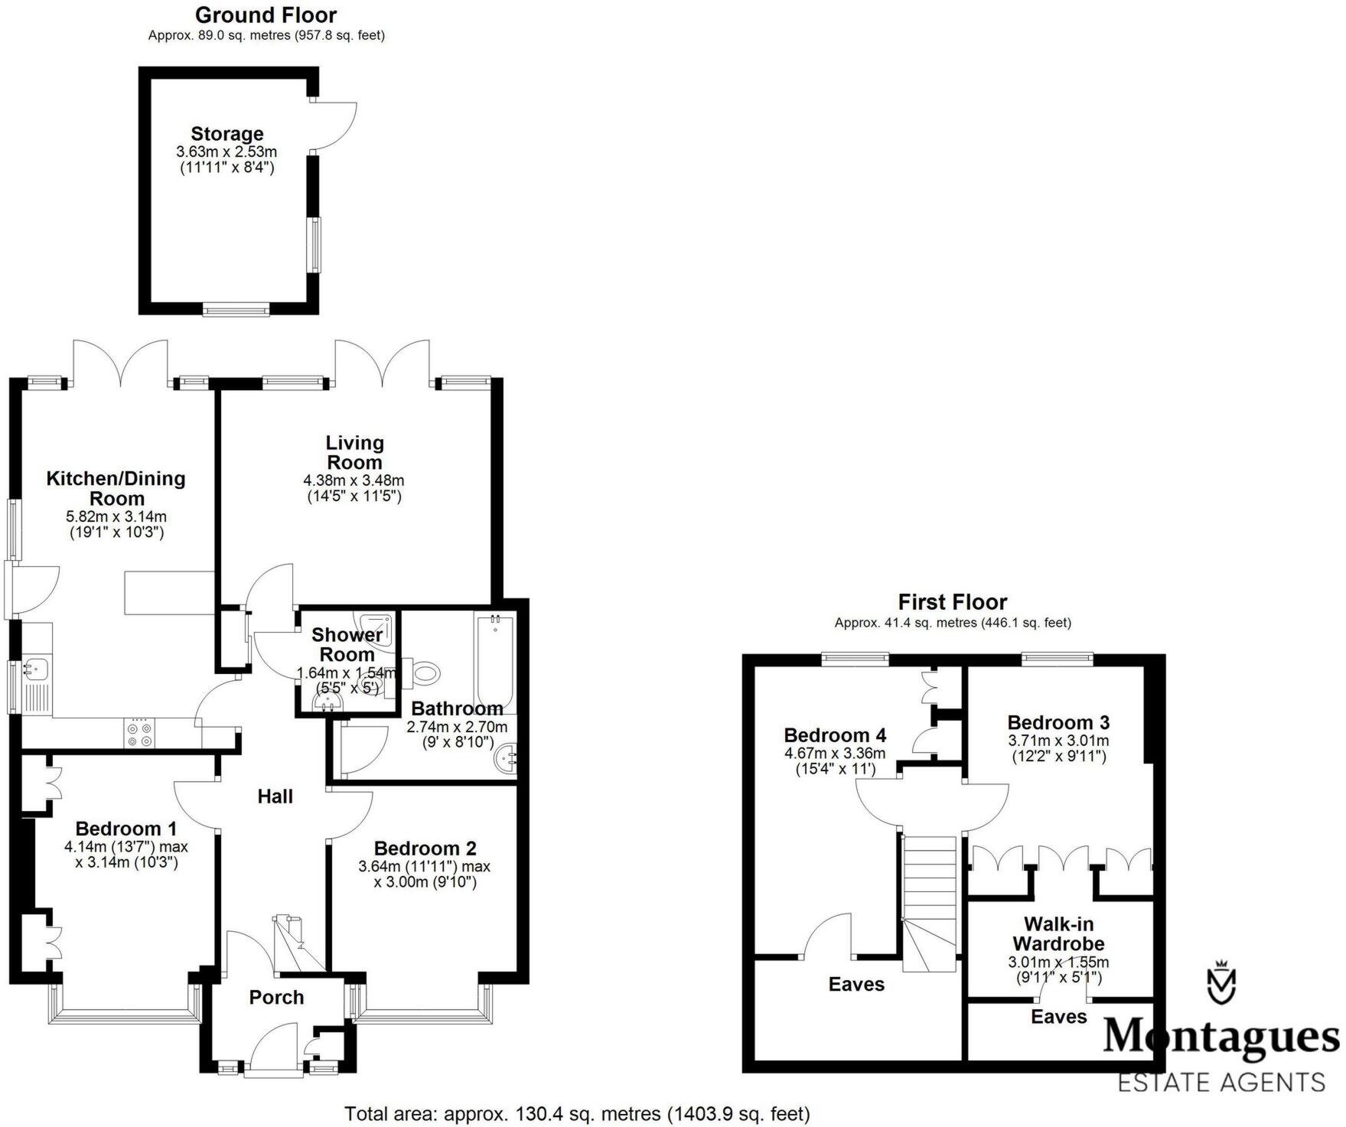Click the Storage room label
tap(227, 134)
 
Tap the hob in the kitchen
tap(139, 734)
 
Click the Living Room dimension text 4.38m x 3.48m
tap(354, 480)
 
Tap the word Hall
tap(275, 796)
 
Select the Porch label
tap(276, 997)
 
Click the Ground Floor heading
tap(266, 15)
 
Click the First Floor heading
tap(952, 601)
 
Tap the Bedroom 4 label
tap(835, 735)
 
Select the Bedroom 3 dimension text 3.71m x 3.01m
tap(1058, 741)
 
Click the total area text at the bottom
tap(576, 1113)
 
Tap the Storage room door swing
tap(337, 126)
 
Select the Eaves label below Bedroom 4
tap(856, 985)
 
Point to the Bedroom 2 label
tap(425, 848)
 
